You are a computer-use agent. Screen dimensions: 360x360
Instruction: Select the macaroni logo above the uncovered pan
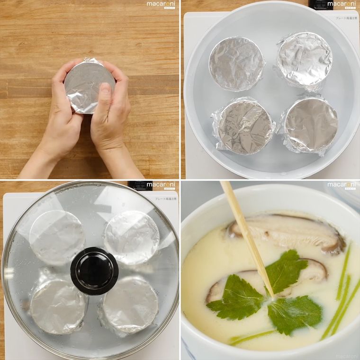(340, 5)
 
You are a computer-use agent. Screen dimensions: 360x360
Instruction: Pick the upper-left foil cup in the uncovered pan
(236, 64)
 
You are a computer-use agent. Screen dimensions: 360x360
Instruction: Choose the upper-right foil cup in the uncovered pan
(305, 59)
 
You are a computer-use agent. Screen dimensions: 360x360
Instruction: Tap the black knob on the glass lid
(94, 270)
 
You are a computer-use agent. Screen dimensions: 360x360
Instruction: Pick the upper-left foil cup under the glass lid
(57, 237)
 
